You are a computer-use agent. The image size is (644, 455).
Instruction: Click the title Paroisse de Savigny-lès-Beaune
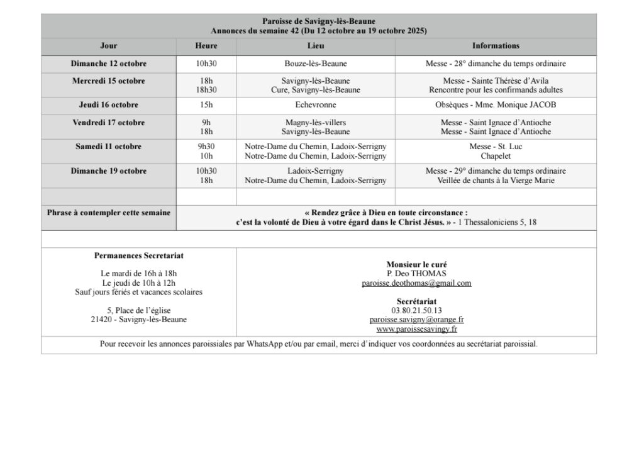(319, 21)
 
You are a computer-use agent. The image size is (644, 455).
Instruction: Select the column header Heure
(206, 46)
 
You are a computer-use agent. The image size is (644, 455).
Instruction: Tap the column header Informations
(496, 46)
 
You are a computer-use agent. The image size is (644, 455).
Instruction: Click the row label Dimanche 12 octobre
(109, 64)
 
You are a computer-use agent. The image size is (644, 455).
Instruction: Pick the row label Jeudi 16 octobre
(109, 105)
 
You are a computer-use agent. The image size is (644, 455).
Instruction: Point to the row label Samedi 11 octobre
(109, 147)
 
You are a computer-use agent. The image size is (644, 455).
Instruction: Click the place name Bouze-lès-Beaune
(316, 64)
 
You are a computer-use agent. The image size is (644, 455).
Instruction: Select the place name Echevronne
(316, 105)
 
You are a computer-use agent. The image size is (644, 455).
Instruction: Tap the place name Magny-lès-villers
(316, 123)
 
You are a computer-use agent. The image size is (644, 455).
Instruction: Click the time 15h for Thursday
(206, 105)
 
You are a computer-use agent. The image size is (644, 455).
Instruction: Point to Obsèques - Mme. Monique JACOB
(496, 105)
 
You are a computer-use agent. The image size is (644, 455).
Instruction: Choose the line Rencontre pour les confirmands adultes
(496, 90)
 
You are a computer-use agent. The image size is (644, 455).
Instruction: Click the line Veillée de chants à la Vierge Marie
(496, 181)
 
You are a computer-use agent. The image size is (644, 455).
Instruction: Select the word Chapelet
(496, 156)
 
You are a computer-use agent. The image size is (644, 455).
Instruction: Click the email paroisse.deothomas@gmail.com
(416, 283)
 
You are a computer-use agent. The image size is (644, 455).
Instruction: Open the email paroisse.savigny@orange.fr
(416, 320)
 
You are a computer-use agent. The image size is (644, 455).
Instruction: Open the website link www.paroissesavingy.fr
(416, 329)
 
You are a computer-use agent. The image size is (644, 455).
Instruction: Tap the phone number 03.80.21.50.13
(416, 310)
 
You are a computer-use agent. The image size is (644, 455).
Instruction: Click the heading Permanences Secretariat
(139, 256)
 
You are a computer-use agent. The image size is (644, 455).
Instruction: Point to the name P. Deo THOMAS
(416, 274)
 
